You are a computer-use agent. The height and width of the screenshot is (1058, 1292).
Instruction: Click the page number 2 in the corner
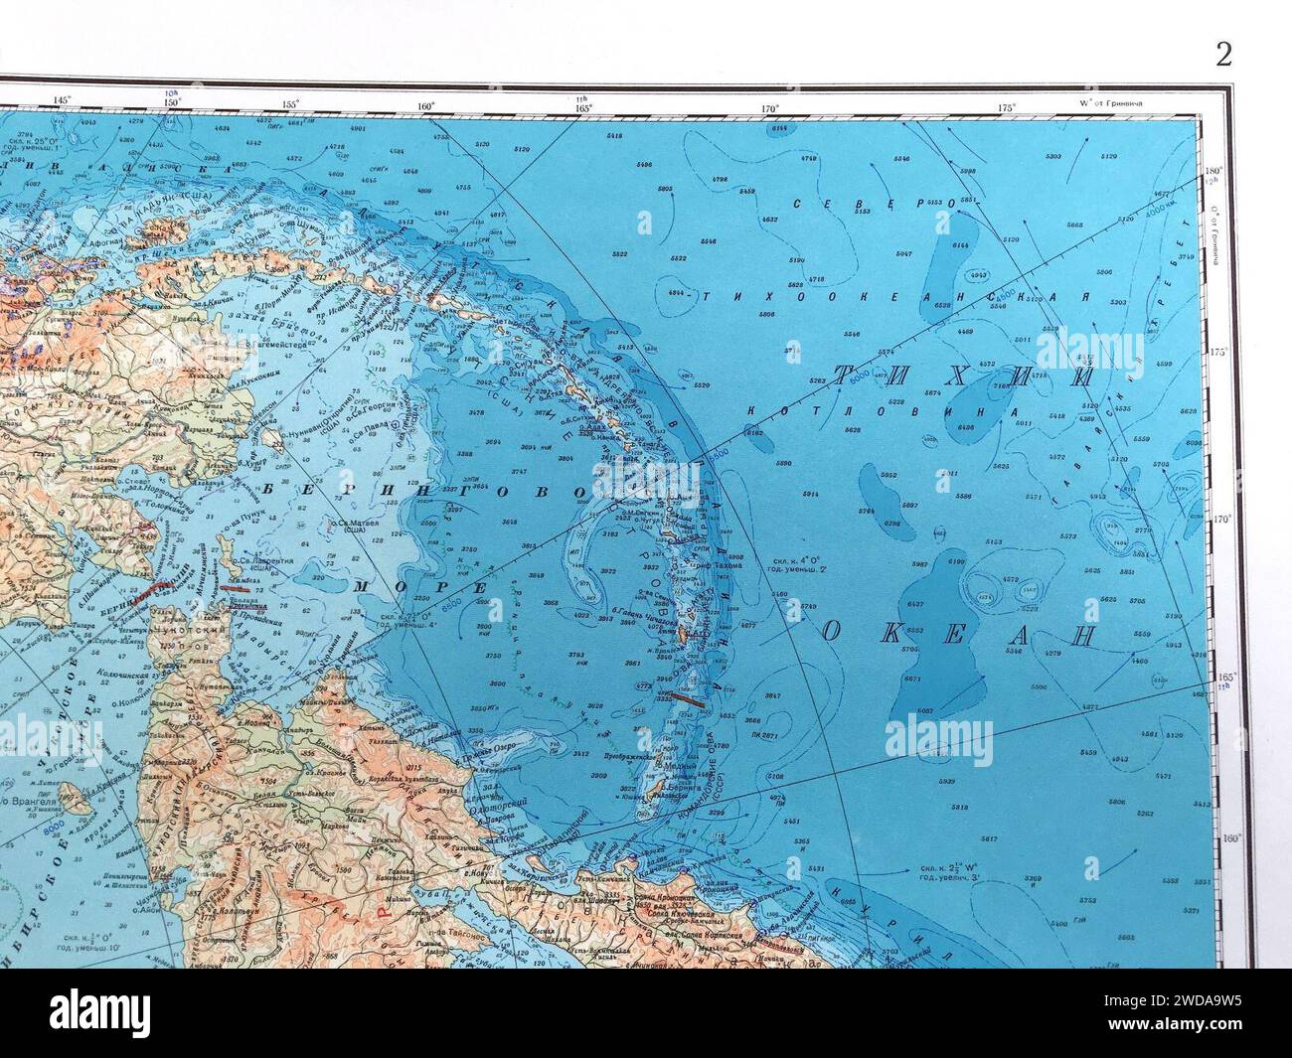[1223, 55]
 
